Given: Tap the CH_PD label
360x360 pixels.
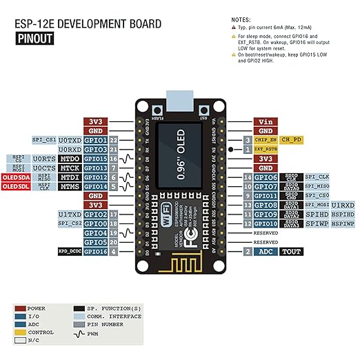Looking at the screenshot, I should click(x=291, y=139).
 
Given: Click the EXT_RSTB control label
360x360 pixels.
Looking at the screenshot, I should click(x=266, y=149).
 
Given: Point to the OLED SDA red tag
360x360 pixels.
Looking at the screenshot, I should click(x=15, y=177).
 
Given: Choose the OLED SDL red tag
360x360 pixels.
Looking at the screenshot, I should click(x=15, y=187).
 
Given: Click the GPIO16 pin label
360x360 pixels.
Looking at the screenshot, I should click(x=96, y=252).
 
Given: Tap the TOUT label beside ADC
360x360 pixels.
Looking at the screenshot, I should click(x=291, y=252).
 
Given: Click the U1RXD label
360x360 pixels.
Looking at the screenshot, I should click(x=343, y=205).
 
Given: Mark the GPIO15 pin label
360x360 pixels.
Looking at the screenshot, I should click(x=96, y=159).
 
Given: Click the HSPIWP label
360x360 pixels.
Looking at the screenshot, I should click(x=343, y=224).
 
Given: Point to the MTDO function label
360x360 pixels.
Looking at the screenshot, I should click(x=70, y=159).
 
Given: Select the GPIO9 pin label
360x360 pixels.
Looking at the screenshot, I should click(x=265, y=214).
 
